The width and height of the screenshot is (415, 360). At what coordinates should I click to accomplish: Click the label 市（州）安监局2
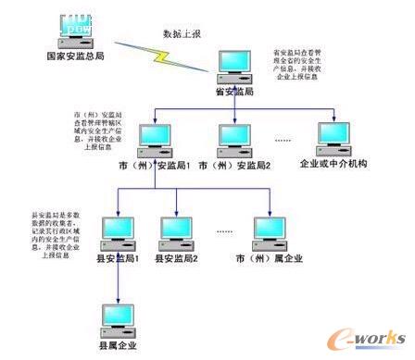(x=238, y=166)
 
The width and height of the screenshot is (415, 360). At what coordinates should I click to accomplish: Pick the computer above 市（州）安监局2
(x=237, y=139)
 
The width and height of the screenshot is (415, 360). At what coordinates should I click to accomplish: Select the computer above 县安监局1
(x=119, y=229)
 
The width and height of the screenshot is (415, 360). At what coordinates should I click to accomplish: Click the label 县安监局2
(x=178, y=258)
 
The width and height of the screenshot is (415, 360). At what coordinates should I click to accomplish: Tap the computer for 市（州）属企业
(x=270, y=229)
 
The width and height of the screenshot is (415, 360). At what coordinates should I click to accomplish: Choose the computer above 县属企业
(x=119, y=315)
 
